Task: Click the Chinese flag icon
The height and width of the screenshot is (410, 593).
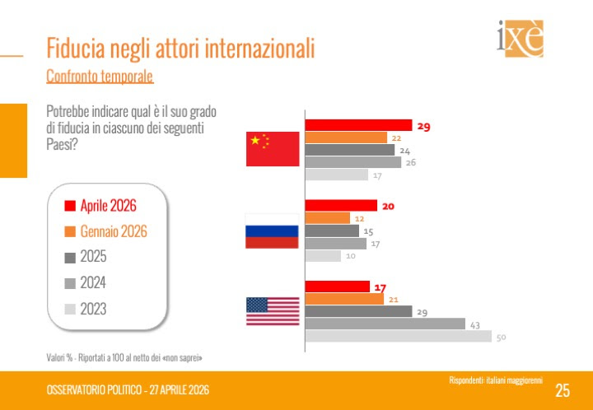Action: point(273,149)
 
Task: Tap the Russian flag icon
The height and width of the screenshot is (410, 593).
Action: point(273,231)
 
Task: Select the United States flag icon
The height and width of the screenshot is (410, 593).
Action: point(273,310)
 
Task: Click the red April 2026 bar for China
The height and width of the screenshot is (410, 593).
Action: point(358,125)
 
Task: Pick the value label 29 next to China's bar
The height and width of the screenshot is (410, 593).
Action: point(424,127)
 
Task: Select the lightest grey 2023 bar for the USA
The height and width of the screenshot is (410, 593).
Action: point(399,336)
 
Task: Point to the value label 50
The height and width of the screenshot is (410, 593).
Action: point(501,337)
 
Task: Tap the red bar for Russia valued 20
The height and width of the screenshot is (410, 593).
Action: point(341,205)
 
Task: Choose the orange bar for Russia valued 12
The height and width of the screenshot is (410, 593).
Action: point(328,218)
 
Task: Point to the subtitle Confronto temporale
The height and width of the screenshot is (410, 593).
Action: point(100,77)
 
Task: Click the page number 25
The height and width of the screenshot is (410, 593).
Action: point(563,390)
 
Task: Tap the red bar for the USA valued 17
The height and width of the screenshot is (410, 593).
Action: point(338,287)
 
